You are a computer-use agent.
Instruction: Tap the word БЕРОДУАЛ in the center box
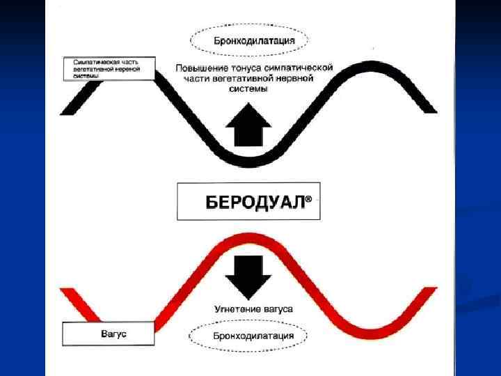tap(255, 202)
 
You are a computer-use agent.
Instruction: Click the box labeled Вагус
tap(108, 334)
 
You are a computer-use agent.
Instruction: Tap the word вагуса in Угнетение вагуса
tap(278, 308)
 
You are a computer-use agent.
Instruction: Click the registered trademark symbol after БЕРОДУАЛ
tap(309, 198)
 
